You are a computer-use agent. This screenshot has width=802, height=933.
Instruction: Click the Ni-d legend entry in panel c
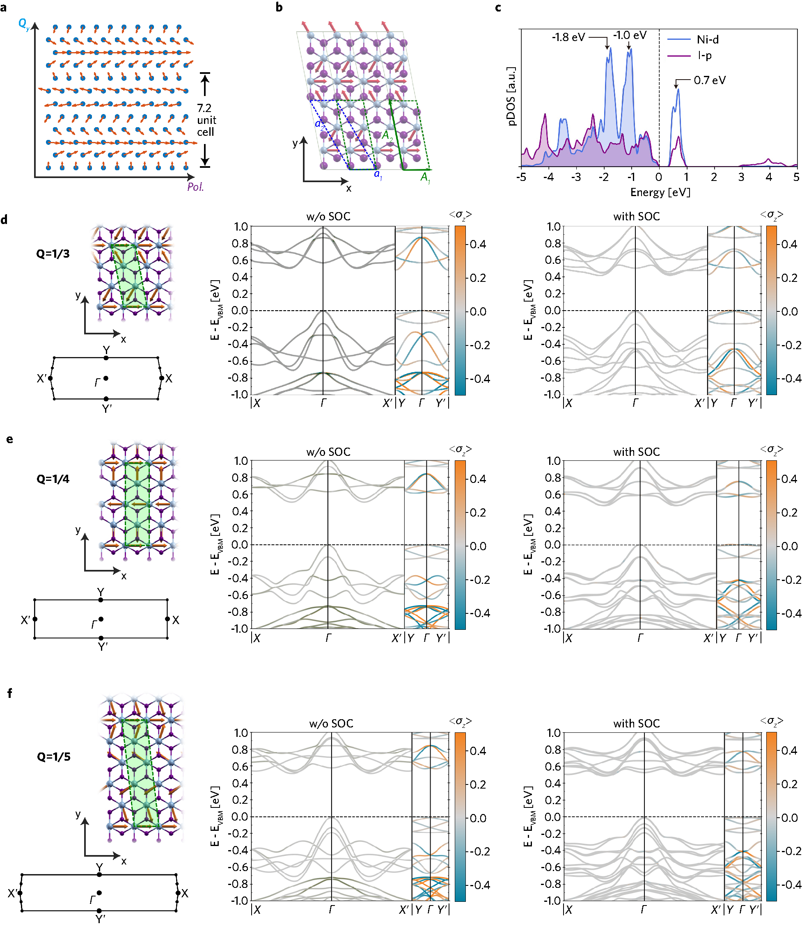tap(707, 40)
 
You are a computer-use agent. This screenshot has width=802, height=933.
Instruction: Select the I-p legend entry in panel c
tap(704, 55)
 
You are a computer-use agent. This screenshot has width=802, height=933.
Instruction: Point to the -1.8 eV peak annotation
tap(568, 37)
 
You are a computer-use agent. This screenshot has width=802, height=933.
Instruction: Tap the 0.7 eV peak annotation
tap(710, 80)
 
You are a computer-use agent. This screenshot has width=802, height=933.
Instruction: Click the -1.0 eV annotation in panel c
tap(630, 35)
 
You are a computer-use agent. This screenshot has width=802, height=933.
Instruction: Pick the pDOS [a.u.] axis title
tap(511, 96)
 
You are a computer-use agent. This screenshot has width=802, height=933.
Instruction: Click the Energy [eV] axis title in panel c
tap(660, 193)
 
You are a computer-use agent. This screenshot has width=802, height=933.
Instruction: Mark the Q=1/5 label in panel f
tap(54, 757)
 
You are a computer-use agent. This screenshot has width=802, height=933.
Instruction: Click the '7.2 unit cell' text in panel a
tap(206, 120)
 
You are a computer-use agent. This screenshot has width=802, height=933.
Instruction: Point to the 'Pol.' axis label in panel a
tap(195, 186)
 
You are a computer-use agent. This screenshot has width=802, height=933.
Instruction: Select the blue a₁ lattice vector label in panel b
tap(378, 174)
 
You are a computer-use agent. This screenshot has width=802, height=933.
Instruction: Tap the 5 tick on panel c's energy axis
tap(796, 177)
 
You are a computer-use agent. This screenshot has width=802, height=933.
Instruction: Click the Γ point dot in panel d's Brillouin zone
tap(106, 378)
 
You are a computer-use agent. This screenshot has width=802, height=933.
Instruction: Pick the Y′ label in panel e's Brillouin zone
tap(103, 647)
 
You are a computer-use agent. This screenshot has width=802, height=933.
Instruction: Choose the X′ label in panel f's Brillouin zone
tap(13, 893)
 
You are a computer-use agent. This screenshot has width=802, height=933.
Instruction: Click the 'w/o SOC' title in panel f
tap(331, 724)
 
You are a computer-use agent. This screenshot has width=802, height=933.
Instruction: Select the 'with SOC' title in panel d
tap(636, 217)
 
